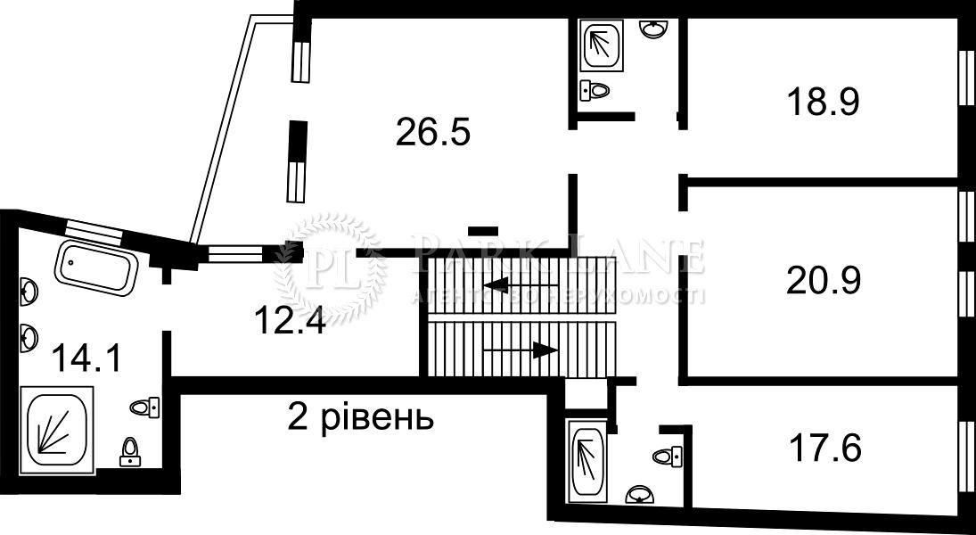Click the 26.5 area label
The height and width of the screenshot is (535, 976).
coord(432,133)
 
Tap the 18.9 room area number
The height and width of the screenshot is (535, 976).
coord(822,102)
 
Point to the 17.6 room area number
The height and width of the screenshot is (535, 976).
coord(824,448)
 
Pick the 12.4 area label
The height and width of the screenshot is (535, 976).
coord(287,319)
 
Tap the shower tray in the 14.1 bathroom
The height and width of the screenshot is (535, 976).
coord(56,426)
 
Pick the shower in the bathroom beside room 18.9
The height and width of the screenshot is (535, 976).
coord(603,45)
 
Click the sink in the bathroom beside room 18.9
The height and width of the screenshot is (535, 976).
coord(655,29)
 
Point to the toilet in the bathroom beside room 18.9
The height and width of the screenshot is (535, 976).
coord(594,89)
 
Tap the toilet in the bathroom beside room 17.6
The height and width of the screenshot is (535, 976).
coord(668,456)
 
